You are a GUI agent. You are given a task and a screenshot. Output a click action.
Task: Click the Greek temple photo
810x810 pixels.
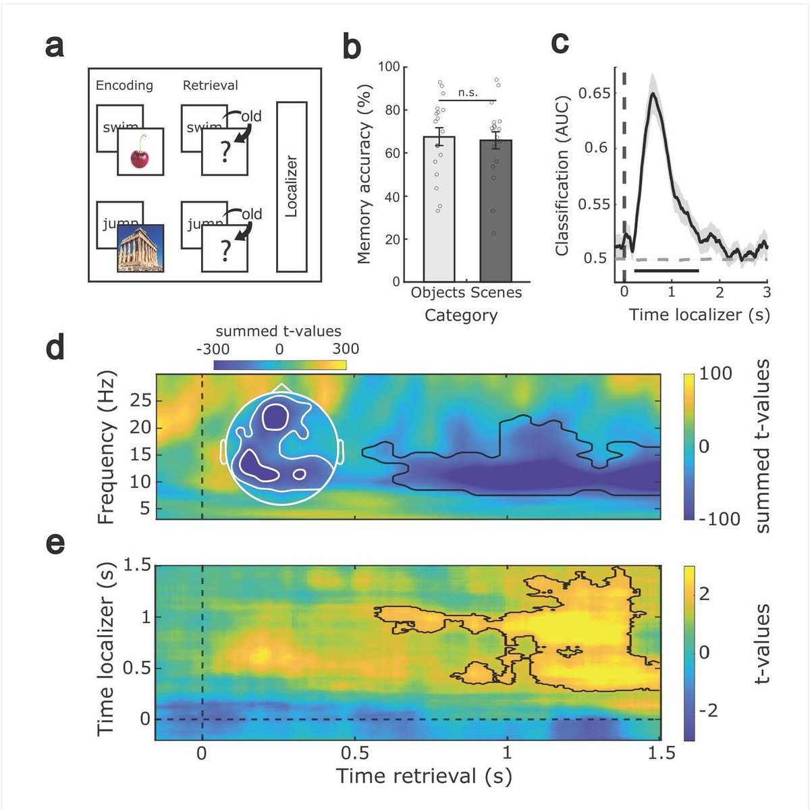pyautogui.click(x=140, y=248)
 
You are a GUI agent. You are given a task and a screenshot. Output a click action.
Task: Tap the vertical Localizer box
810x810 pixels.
pyautogui.click(x=292, y=187)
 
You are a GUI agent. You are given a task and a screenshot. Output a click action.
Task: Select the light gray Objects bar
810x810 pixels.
pyautogui.click(x=439, y=209)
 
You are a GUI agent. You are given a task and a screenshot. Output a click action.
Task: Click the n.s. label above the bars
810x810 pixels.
pyautogui.click(x=468, y=93)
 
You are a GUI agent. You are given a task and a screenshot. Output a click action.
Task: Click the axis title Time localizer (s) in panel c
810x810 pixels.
pyautogui.click(x=699, y=315)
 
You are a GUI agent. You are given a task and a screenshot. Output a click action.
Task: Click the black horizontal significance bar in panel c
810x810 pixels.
pyautogui.click(x=666, y=271)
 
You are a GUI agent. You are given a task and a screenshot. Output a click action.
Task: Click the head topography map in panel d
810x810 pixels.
pyautogui.click(x=282, y=446)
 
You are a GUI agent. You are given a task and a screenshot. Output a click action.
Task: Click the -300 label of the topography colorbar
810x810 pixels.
pyautogui.click(x=213, y=349)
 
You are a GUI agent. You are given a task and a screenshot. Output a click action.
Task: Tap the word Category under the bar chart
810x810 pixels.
pyautogui.click(x=461, y=315)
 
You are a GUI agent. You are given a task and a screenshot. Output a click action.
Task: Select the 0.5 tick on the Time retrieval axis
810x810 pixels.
pyautogui.click(x=354, y=752)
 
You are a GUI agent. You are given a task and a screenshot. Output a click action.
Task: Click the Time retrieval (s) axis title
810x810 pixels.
pyautogui.click(x=424, y=776)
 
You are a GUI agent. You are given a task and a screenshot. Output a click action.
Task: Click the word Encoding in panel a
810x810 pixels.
pyautogui.click(x=124, y=86)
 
